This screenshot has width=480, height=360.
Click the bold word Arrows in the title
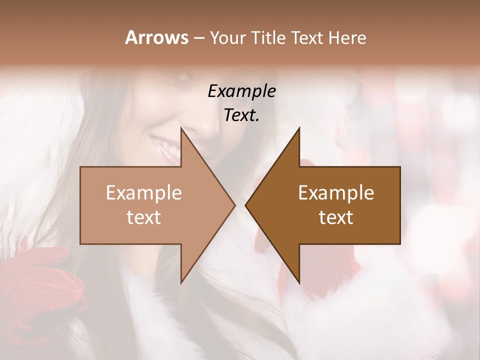pyautogui.click(x=156, y=37)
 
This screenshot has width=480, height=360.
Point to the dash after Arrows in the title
pyautogui.click(x=198, y=38)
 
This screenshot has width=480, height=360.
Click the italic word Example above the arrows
pyautogui.click(x=241, y=91)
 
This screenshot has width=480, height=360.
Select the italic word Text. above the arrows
pyautogui.click(x=241, y=115)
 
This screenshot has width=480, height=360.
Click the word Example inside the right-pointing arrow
pyautogui.click(x=144, y=193)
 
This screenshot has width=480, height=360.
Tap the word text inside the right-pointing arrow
pyautogui.click(x=144, y=217)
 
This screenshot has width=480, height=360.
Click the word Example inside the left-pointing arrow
pyautogui.click(x=336, y=193)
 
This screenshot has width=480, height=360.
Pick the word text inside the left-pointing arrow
pyautogui.click(x=336, y=217)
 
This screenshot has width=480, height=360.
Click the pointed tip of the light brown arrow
pyautogui.click(x=234, y=205)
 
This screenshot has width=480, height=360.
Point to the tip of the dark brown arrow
pyautogui.click(x=245, y=205)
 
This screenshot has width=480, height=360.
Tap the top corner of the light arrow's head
pyautogui.click(x=181, y=128)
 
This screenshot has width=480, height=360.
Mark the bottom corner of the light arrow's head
pyautogui.click(x=181, y=282)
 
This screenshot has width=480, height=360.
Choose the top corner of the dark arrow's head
pyautogui.click(x=299, y=128)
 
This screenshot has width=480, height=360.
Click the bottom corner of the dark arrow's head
pyautogui.click(x=299, y=282)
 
